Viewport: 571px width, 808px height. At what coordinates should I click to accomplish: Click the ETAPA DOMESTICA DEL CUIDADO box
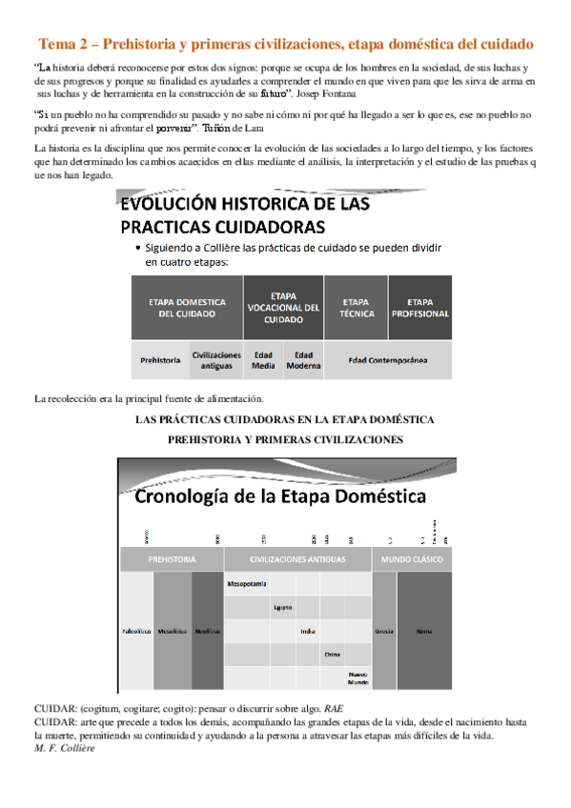pyautogui.click(x=187, y=307)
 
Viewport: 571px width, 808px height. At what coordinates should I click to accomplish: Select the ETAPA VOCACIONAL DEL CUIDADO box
pyautogui.click(x=283, y=307)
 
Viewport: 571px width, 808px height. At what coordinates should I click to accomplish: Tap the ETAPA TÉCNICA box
pyautogui.click(x=356, y=307)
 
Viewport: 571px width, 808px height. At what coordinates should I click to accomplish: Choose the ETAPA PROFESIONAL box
pyautogui.click(x=419, y=307)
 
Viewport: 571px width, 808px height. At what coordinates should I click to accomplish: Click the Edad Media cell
pyautogui.click(x=263, y=360)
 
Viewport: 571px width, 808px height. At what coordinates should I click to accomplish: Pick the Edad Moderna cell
pyautogui.click(x=303, y=360)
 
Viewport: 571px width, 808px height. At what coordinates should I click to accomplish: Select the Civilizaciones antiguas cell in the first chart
pyautogui.click(x=216, y=360)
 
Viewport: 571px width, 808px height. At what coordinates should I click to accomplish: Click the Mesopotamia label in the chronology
pyautogui.click(x=247, y=582)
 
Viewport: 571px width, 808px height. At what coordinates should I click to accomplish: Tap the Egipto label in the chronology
pyautogui.click(x=283, y=607)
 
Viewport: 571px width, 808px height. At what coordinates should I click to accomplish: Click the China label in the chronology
pyautogui.click(x=332, y=655)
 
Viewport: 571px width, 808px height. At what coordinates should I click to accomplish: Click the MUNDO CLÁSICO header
pyautogui.click(x=412, y=558)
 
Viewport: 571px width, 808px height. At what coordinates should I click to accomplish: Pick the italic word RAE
pyautogui.click(x=334, y=710)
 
